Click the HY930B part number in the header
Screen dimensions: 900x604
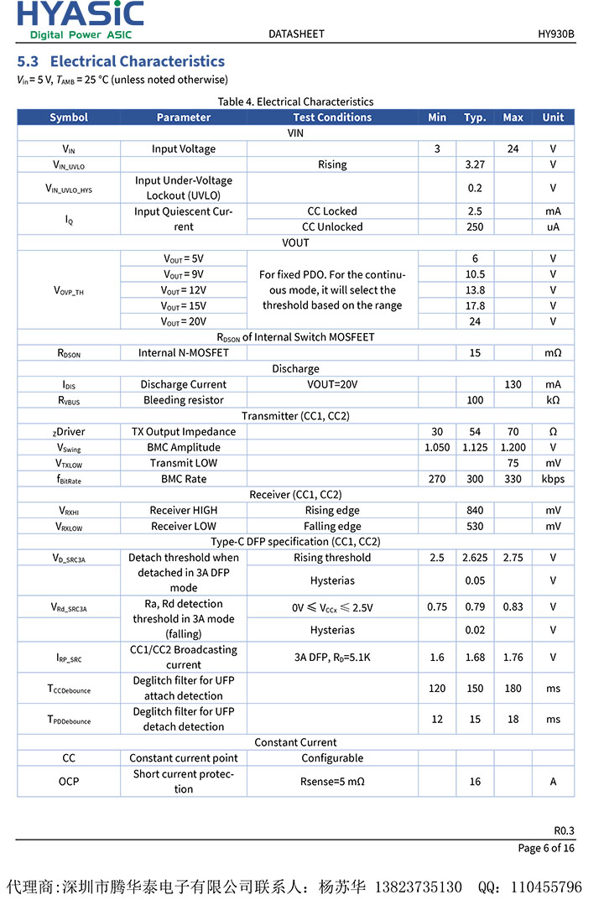coord(556,34)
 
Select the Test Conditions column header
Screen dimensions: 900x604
coord(332,117)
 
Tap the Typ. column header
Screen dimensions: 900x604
coord(475,117)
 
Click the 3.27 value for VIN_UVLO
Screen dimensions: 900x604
coord(475,164)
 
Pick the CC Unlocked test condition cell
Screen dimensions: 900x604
coord(332,226)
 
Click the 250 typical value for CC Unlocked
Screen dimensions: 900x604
coord(475,226)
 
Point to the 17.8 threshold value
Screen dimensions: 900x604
coord(475,305)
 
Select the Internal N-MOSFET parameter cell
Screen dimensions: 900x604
coord(183,353)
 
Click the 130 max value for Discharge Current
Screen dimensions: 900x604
coord(513,384)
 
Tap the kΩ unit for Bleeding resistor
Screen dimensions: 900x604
coord(553,400)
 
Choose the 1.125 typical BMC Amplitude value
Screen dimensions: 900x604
coord(475,447)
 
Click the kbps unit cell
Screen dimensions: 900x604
coord(553,479)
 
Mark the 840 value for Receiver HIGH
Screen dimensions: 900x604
coord(475,510)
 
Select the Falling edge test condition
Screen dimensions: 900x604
coord(332,526)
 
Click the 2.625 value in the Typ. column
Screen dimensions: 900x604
coord(475,557)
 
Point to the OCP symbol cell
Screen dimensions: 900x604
coord(69,781)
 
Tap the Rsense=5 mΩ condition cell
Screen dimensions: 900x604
coord(332,781)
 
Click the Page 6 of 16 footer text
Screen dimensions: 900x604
coord(546,848)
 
